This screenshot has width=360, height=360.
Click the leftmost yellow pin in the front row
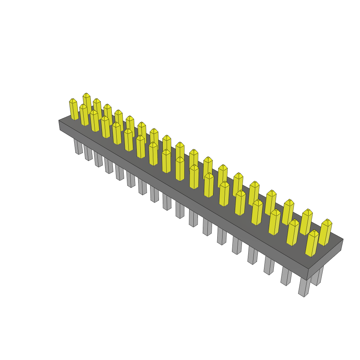[73, 110]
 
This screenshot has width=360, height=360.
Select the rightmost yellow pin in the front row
[311, 243]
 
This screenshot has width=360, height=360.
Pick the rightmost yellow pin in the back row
[325, 232]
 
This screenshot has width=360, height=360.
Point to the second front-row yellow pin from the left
[84, 115]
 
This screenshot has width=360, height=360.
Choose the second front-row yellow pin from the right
[292, 232]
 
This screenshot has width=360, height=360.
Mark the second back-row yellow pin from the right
[306, 221]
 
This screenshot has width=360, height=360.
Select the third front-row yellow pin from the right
[274, 222]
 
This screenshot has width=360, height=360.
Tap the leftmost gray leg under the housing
[78, 147]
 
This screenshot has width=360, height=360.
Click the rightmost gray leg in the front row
[304, 287]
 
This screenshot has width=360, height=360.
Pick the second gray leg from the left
[88, 154]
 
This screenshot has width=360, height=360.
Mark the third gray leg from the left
[98, 160]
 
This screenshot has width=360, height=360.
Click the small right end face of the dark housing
[325, 259]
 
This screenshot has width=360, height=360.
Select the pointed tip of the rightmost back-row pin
[327, 220]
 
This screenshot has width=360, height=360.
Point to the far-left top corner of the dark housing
[59, 120]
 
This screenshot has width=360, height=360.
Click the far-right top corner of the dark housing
[343, 239]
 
